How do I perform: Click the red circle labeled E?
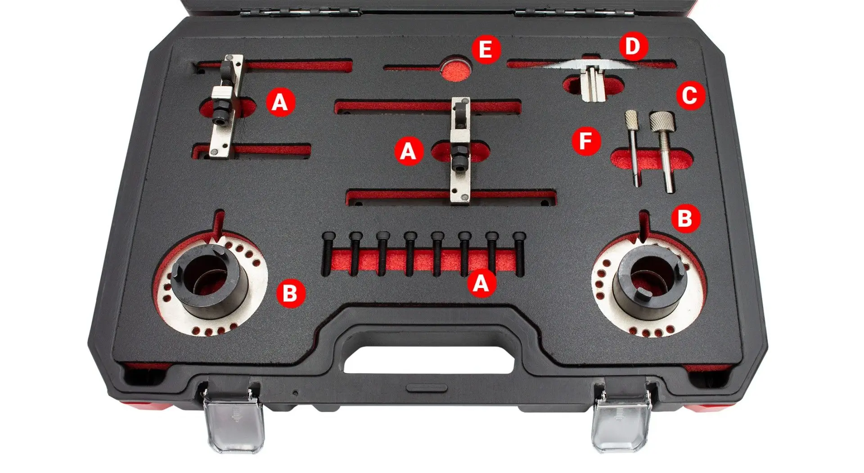coord(485,49)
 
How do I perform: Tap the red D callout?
coord(633,46)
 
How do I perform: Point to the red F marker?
coord(586,141)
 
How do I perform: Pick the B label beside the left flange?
coord(290,293)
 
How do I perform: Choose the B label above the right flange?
coord(685,218)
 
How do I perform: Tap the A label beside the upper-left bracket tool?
coord(280,102)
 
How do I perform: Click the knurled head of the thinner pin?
coord(630,120)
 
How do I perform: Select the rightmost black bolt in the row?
coord(519,254)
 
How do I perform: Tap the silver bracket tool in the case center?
coord(460,150)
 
